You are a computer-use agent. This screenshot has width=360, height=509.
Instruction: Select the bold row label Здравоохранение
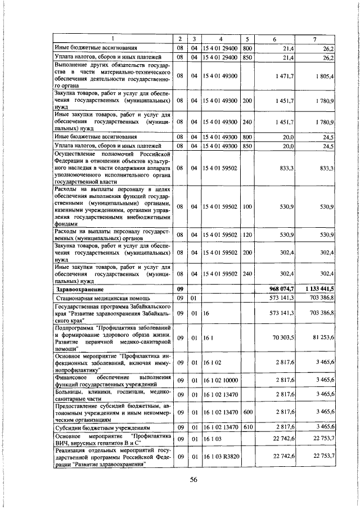tap(78, 289)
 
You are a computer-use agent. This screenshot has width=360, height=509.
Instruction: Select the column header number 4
tap(220, 39)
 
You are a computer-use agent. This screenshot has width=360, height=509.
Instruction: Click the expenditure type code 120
tap(246, 234)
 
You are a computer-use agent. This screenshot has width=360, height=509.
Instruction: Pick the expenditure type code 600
tap(246, 413)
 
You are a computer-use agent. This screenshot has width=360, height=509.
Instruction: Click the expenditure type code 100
tap(246, 207)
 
